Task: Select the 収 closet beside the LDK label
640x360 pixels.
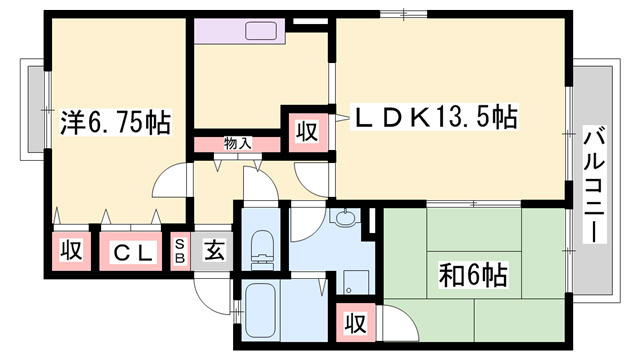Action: pos(306,130)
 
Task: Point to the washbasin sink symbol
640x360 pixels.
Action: pos(346,219)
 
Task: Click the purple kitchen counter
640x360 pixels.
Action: pos(240,30)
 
